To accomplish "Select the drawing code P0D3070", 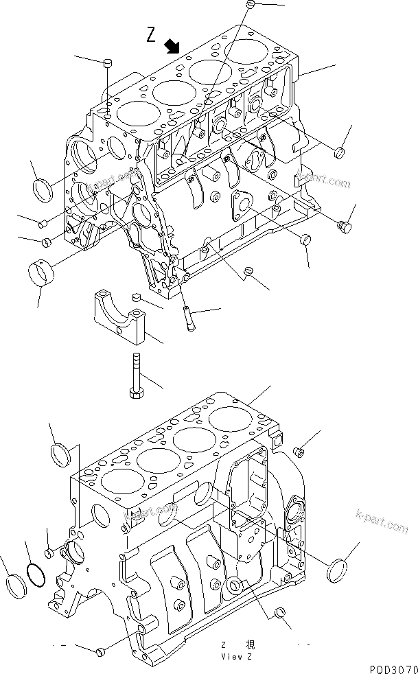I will [391, 667].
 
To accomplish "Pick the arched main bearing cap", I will [121, 315].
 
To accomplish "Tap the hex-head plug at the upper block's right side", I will [346, 224].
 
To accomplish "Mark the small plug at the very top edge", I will [251, 5].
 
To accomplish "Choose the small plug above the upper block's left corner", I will [106, 64].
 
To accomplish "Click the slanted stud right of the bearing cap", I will [189, 319].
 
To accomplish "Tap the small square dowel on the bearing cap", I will [136, 297].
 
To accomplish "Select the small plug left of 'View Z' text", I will [100, 650].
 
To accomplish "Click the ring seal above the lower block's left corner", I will [61, 454].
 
